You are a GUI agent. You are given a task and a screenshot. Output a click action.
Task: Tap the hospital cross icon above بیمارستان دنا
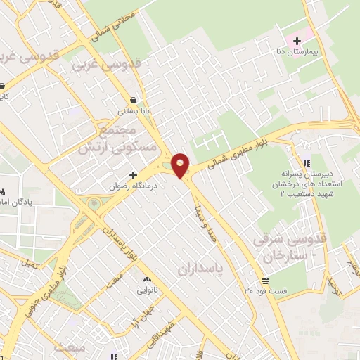coord(297,40)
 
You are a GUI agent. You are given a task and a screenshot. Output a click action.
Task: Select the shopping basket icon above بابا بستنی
coord(133,99)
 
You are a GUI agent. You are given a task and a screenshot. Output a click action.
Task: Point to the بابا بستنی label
coord(133,110)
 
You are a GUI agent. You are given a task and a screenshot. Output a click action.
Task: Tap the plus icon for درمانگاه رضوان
coord(133,174)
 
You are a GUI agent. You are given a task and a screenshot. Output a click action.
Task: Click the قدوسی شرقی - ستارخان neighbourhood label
coord(289,248)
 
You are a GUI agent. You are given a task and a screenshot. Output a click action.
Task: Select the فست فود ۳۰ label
coord(265,290)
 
